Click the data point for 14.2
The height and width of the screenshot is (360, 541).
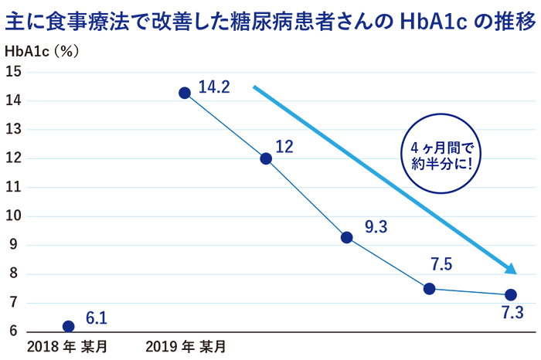(x=185, y=93)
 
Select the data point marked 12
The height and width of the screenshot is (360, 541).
(x=266, y=158)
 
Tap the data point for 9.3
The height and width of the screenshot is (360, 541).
(x=347, y=237)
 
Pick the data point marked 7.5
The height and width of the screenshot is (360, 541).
(x=430, y=289)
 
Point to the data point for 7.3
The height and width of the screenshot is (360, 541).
(x=510, y=295)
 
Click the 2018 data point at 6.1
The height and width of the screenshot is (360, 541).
(x=68, y=326)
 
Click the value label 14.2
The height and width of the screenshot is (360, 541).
(x=214, y=87)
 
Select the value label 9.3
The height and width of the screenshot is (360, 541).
(x=376, y=227)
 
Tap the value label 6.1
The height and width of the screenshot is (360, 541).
(x=96, y=318)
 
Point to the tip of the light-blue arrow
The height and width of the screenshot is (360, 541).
(x=515, y=273)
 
